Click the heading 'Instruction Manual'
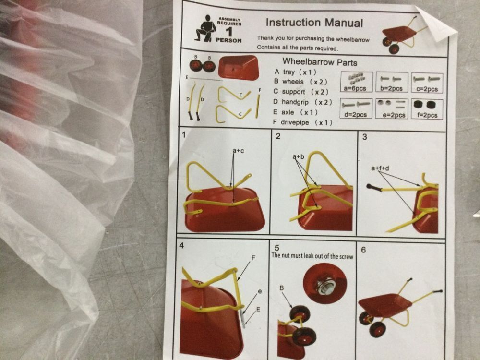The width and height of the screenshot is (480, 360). tap(314, 23)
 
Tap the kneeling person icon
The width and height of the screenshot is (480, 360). tap(205, 28)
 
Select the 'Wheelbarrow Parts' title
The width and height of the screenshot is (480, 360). tap(320, 62)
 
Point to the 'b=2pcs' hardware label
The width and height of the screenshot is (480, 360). tap(391, 88)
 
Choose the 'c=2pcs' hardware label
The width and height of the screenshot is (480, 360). tap(427, 89)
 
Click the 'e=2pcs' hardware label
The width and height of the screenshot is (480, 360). tap(394, 115)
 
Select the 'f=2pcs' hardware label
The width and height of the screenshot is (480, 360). tap(427, 115)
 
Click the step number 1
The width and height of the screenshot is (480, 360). tap(184, 135)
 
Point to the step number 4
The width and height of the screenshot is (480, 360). tap(181, 245)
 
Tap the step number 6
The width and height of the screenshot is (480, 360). tap(363, 250)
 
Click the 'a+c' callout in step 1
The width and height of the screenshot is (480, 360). tap(238, 151)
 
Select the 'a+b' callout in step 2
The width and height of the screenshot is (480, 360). tap(299, 157)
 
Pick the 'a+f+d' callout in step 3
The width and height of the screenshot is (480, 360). tap(380, 168)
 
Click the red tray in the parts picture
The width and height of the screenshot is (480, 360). tap(238, 67)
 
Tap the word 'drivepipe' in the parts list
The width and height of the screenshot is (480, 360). tap(295, 122)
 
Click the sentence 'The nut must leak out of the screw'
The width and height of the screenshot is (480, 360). tap(312, 256)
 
